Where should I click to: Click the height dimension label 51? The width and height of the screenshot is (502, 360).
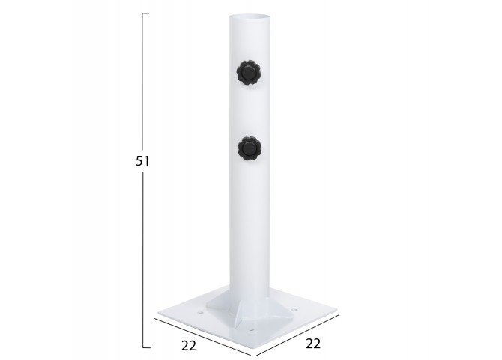(x=142, y=161)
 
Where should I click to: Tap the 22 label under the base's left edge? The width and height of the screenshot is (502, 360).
(x=189, y=345)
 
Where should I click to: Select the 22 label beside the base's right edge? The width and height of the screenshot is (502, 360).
(x=313, y=343)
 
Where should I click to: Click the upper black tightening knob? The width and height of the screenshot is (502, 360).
(x=249, y=73)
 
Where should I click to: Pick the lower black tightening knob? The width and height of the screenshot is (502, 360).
(x=250, y=148)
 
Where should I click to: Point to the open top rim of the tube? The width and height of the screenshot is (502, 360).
(x=249, y=16)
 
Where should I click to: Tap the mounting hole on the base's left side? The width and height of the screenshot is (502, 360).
(x=201, y=311)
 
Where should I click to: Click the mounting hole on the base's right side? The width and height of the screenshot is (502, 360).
(x=294, y=310)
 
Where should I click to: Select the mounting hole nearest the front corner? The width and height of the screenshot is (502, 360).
(x=252, y=330)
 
